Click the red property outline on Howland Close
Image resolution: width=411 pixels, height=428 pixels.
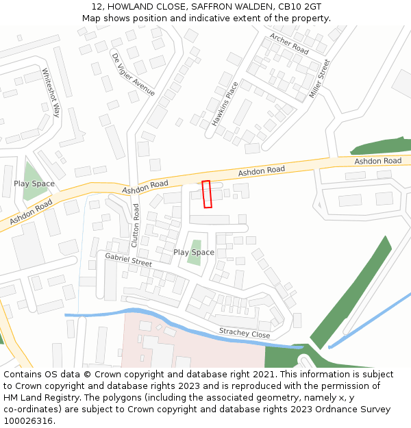[207, 194]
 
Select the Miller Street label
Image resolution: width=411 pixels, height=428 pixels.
[319, 78]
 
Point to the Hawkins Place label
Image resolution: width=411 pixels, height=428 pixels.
[225, 104]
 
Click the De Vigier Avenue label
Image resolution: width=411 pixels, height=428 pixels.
[133, 75]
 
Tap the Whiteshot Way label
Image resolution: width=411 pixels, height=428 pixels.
[51, 92]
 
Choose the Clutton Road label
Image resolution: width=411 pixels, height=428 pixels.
[136, 225]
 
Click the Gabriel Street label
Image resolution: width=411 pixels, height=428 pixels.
[128, 260]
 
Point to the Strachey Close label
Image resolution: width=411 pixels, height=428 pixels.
[245, 333]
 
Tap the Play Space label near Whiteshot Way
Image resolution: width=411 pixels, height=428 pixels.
[34, 184]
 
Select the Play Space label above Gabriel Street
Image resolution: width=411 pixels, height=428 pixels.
[194, 252]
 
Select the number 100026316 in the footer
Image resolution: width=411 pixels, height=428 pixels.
[28, 420]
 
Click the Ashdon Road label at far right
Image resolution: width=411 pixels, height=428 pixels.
[377, 161]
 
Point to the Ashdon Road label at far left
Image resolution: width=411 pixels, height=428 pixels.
[31, 212]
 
